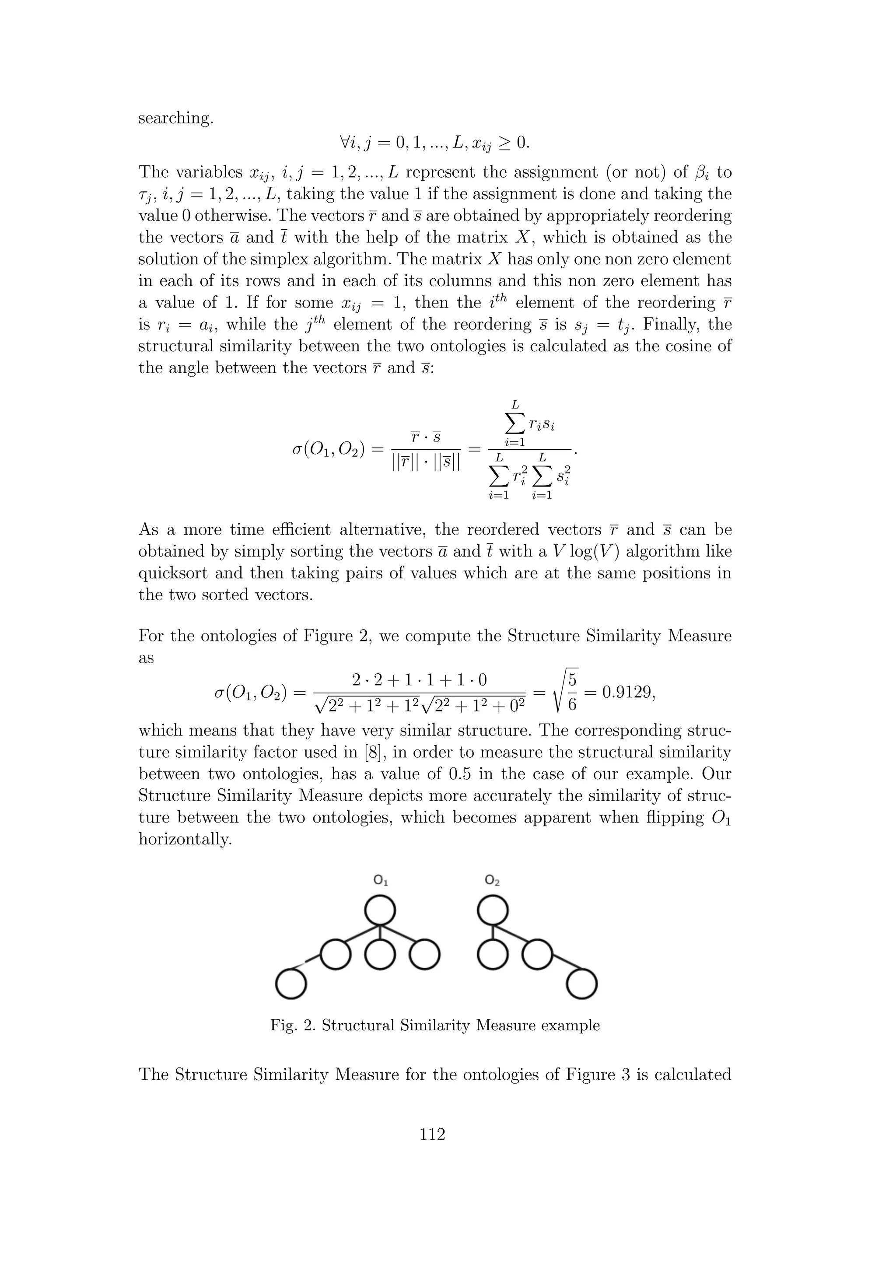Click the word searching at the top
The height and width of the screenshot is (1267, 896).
click(x=175, y=119)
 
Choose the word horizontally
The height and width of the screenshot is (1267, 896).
click(x=185, y=839)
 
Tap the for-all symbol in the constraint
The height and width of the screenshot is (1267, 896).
click(x=344, y=143)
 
